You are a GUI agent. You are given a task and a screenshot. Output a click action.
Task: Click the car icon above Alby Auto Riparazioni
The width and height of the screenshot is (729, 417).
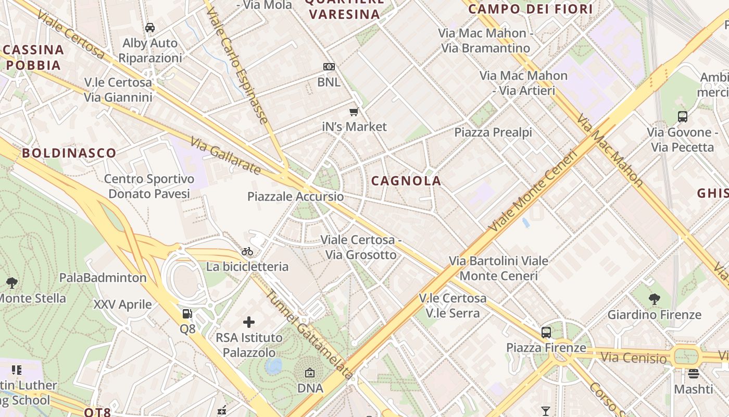[150, 28]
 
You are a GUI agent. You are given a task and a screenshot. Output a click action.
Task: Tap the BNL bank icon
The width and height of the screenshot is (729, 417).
[329, 67]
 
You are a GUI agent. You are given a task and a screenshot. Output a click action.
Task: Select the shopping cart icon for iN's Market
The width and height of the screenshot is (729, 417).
[354, 111]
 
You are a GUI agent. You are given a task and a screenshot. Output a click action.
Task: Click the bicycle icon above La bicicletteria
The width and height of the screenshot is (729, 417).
[247, 251]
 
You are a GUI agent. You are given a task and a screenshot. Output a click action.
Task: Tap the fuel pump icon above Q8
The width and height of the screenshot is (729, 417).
[187, 314]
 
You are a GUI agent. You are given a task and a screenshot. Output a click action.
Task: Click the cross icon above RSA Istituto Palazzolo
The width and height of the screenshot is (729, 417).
[249, 322]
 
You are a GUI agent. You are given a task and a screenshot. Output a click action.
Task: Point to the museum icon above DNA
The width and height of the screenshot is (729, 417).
[310, 373]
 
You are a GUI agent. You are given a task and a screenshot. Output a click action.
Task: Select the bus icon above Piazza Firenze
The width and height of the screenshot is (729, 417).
[546, 332]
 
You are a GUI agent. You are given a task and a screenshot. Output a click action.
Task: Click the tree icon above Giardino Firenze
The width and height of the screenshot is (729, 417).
[655, 299]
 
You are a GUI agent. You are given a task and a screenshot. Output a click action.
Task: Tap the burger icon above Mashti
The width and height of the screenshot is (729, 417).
[693, 373]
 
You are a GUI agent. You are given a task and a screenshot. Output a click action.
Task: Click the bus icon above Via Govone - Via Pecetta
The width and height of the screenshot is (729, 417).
[682, 117]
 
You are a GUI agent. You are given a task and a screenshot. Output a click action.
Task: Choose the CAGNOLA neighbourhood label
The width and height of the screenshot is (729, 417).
[406, 181]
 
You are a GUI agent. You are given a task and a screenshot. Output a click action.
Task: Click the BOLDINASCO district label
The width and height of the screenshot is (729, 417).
[69, 153]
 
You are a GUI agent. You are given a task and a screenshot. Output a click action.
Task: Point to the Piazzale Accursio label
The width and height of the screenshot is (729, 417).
[295, 197]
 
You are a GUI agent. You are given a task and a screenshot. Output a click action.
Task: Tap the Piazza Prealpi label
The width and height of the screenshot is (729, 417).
[493, 132]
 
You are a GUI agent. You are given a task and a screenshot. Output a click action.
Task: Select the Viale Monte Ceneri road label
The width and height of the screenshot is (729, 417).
[533, 191]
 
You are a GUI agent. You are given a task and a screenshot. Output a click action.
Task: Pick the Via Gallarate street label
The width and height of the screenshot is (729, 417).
[225, 155]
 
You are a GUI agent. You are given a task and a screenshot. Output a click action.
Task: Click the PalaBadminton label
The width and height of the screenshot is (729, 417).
[103, 277]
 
